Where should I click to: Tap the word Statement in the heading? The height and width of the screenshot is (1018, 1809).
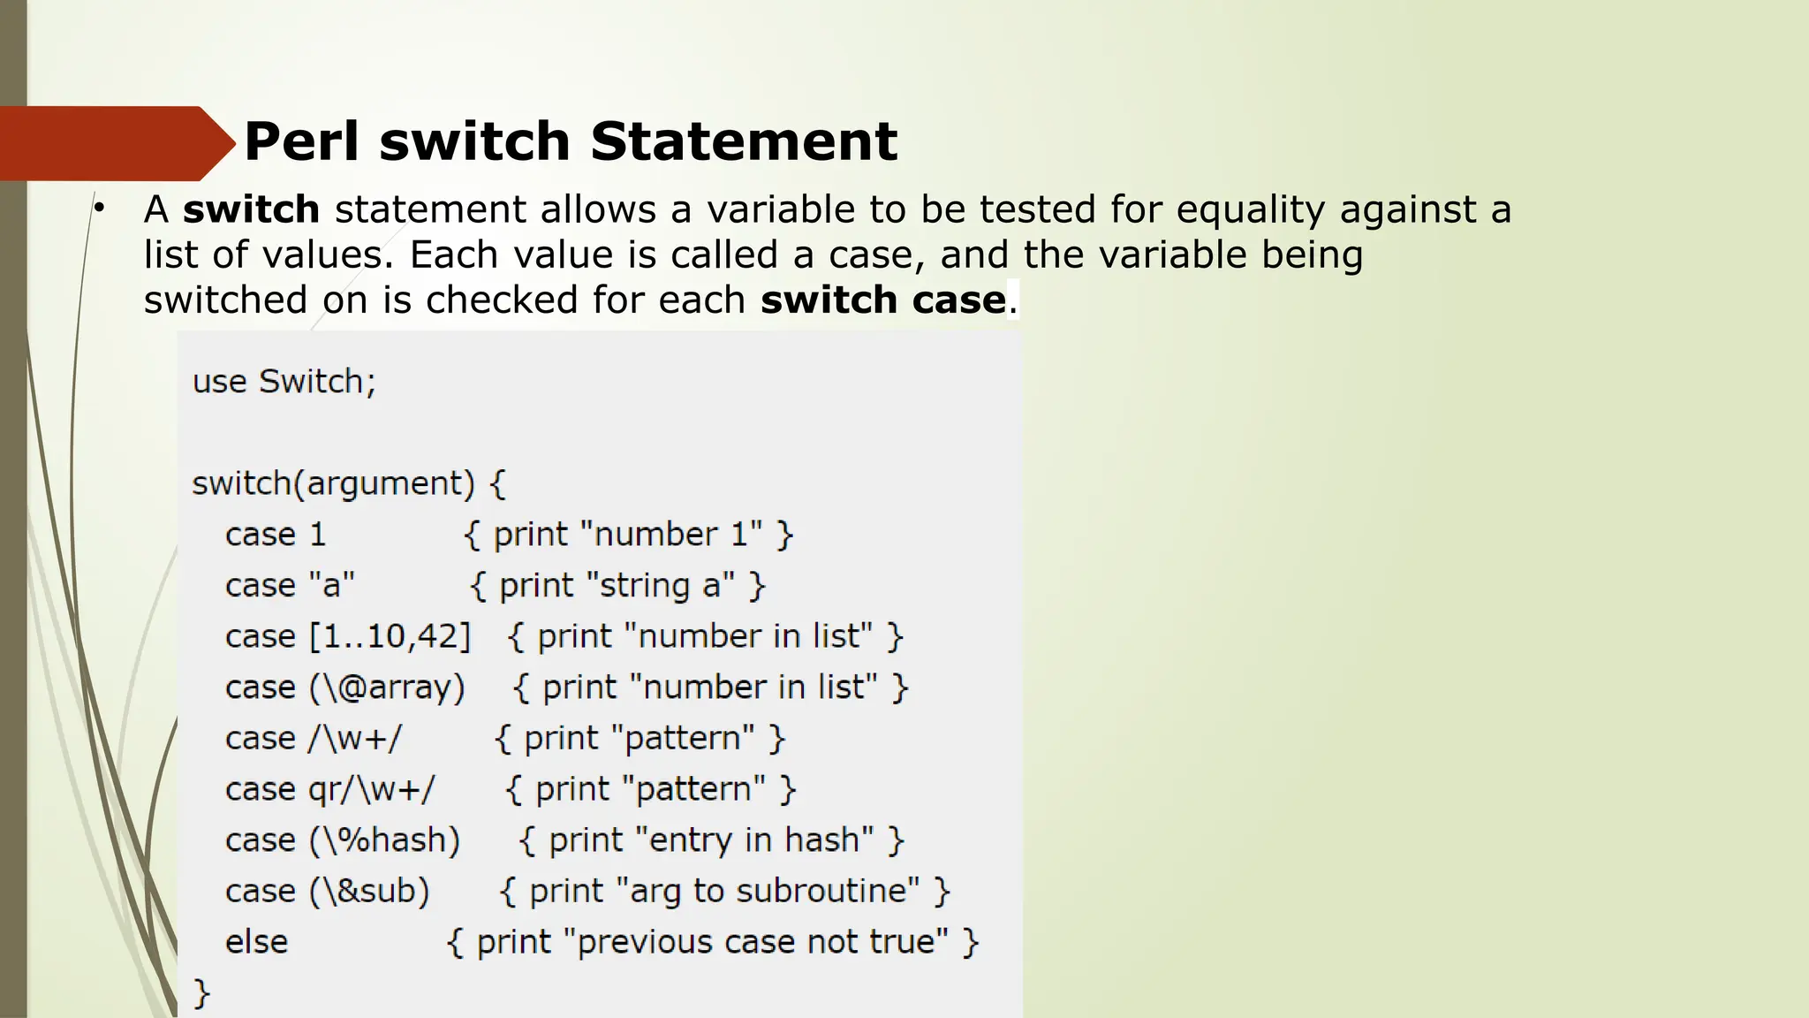point(744,141)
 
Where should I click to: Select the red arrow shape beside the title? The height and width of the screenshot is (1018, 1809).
point(115,143)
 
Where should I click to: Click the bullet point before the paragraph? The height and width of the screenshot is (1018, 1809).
point(100,209)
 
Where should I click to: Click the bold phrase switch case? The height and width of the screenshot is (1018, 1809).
point(882,300)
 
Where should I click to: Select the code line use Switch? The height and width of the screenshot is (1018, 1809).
point(284,382)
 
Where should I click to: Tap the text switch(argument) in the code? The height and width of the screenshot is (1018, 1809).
point(334,483)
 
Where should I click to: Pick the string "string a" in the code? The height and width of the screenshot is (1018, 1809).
point(661,586)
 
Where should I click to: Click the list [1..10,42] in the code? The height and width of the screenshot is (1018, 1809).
point(390,636)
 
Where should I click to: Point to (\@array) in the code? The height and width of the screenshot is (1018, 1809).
point(387,688)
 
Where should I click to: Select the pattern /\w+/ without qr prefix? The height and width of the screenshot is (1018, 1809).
point(355,739)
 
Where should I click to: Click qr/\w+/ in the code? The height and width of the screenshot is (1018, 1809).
point(371,789)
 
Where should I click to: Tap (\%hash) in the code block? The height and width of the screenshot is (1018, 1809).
point(384,840)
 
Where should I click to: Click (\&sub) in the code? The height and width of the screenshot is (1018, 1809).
point(369,891)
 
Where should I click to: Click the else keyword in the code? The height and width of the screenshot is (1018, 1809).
point(256,942)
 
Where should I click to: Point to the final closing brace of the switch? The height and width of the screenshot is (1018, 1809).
point(201,993)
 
